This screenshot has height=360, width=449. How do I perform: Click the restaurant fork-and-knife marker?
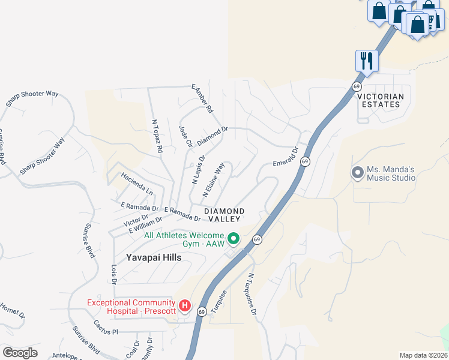tap(366, 60)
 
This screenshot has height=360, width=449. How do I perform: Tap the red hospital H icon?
tap(185, 307)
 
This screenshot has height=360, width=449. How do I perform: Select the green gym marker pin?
tap(235, 239)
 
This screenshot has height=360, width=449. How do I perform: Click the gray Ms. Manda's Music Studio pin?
tap(358, 173)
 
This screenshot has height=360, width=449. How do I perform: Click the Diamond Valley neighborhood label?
tap(224, 215)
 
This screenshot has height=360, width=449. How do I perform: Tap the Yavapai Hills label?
tap(154, 257)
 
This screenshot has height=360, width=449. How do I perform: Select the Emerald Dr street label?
tap(285, 157)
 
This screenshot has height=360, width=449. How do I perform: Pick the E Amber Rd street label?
tap(202, 98)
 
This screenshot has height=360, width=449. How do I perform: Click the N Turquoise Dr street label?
tap(252, 295)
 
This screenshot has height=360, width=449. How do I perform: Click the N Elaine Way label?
tap(214, 179)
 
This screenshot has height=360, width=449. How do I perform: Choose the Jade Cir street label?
tap(185, 137)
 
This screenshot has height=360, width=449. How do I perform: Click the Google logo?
tap(20, 353)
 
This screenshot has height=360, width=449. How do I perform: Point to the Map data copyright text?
tap(423, 355)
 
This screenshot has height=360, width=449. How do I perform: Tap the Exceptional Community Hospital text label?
tap(131, 307)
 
